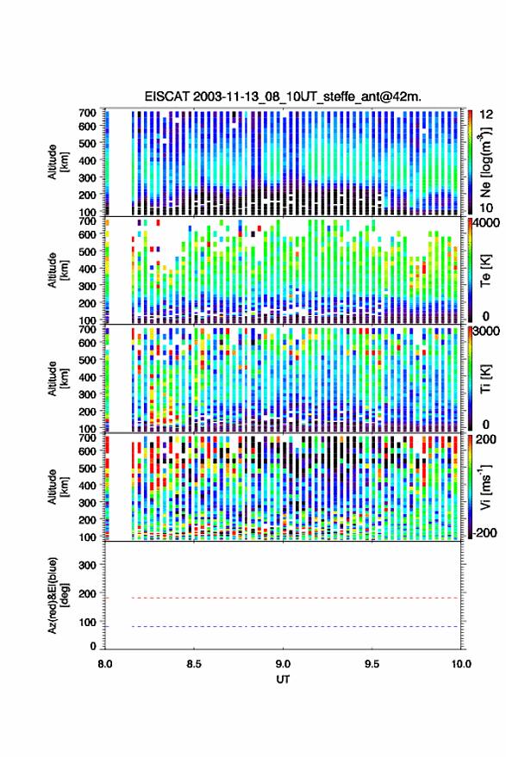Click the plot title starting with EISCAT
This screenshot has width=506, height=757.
coord(283,96)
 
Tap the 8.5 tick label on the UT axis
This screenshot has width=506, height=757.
coord(194,664)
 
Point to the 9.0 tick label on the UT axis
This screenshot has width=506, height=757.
coord(283,664)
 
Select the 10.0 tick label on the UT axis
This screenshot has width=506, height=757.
coord(461,664)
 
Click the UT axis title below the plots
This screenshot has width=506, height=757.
coord(283,679)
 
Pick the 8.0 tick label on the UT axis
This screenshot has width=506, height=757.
coord(105,664)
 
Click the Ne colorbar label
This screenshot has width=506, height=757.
coord(485,162)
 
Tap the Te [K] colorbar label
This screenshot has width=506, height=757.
coord(485,270)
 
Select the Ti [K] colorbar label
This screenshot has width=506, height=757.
coord(485,379)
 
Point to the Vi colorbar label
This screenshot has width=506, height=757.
coord(485,487)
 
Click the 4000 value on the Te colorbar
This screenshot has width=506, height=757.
coord(486,222)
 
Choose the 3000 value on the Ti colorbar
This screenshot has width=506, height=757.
coord(486,331)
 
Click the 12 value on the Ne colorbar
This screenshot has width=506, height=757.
coord(486,115)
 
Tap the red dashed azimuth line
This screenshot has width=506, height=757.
coord(295,598)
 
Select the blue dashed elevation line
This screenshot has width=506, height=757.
coord(295,627)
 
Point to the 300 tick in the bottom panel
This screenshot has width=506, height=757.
coord(87,565)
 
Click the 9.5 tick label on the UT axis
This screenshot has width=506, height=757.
coord(372,664)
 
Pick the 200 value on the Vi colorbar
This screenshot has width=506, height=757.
coord(486,439)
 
